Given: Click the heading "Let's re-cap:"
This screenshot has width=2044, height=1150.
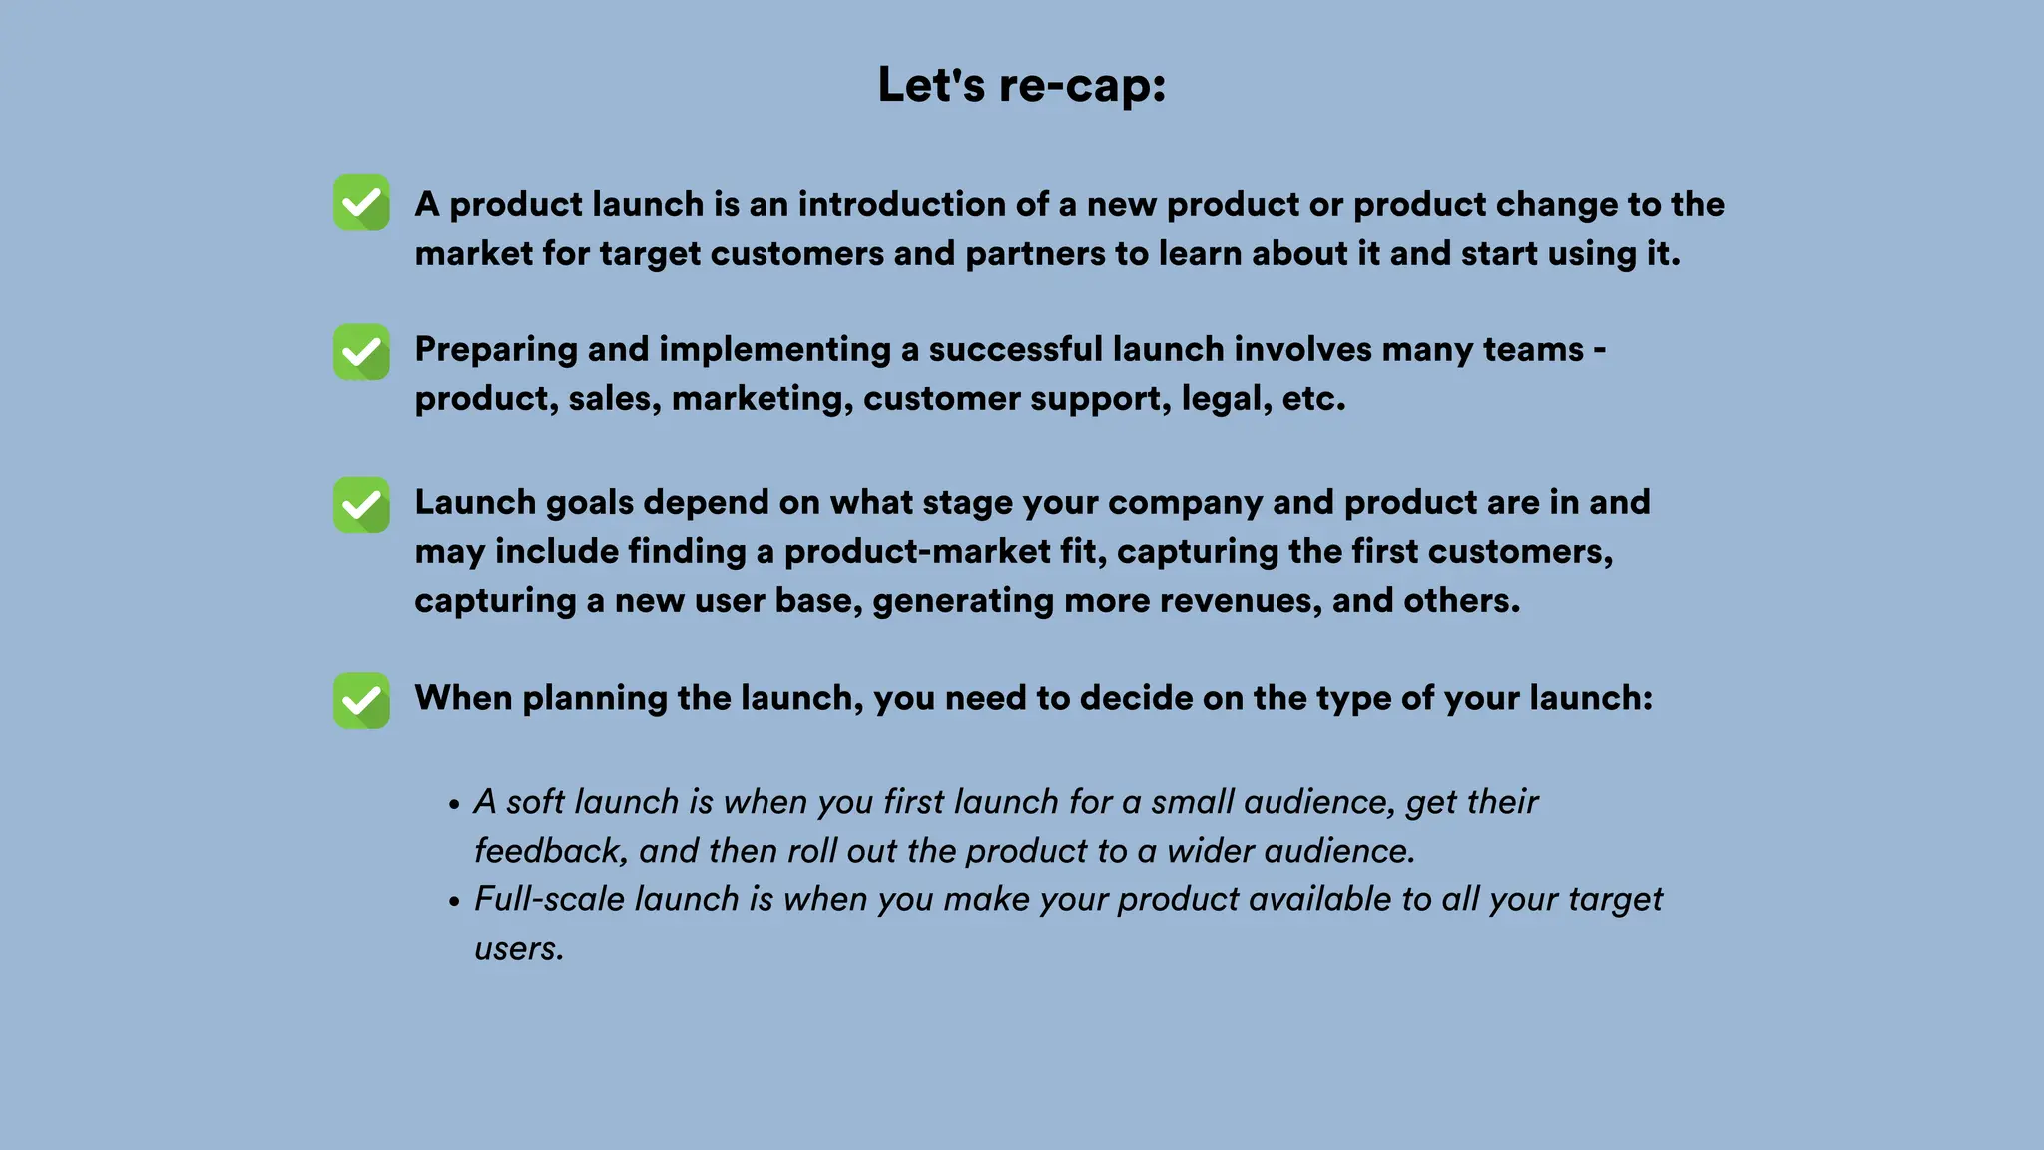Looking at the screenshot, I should click(1021, 85).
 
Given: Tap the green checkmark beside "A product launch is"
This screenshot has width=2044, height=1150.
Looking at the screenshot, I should click(361, 202).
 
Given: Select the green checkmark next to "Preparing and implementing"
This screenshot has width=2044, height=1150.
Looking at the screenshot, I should click(361, 351).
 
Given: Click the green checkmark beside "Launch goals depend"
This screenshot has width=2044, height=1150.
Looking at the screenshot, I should click(361, 504).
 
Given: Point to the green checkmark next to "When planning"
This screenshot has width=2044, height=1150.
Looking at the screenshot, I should click(361, 700).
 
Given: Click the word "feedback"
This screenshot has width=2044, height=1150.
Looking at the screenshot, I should click(550, 851).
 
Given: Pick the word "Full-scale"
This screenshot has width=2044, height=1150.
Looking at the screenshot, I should click(549, 899).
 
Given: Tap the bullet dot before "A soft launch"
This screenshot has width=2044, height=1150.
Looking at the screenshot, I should click(454, 804).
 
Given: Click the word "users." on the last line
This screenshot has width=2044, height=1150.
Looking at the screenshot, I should click(519, 948).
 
